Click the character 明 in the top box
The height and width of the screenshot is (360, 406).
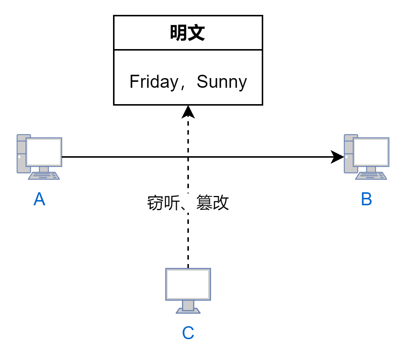pyautogui.click(x=179, y=33)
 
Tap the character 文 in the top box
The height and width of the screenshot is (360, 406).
pyautogui.click(x=196, y=33)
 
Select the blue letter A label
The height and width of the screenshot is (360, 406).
pyautogui.click(x=39, y=199)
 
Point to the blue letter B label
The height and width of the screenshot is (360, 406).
pyautogui.click(x=366, y=199)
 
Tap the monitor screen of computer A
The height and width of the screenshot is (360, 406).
pyautogui.click(x=43, y=152)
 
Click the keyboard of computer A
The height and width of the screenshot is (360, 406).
pyautogui.click(x=44, y=176)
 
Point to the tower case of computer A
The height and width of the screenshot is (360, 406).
pyautogui.click(x=21, y=153)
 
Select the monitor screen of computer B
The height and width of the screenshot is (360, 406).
pyautogui.click(x=371, y=152)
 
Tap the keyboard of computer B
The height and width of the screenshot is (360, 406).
pyautogui.click(x=371, y=176)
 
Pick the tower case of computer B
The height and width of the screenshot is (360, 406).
pyautogui.click(x=348, y=153)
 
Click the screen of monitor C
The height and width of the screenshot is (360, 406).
pyautogui.click(x=188, y=283)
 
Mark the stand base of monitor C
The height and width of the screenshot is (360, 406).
pyautogui.click(x=188, y=311)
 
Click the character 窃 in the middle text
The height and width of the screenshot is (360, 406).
pyautogui.click(x=155, y=203)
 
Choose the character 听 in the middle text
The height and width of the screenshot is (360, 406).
pyautogui.click(x=172, y=203)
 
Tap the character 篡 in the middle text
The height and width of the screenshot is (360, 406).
pyautogui.click(x=204, y=203)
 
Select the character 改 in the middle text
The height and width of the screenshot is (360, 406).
pyautogui.click(x=220, y=203)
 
